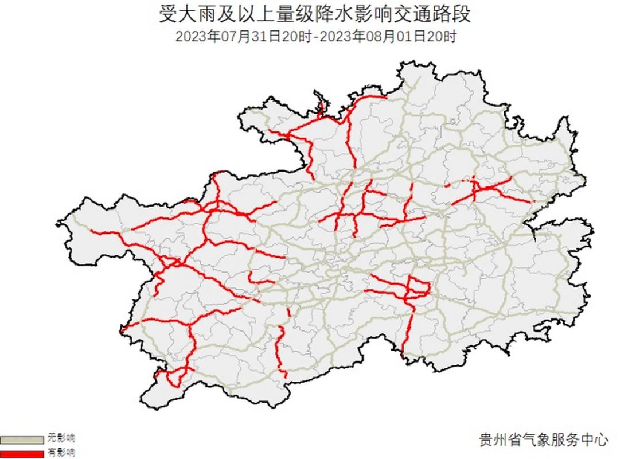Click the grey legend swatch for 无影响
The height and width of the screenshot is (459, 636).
point(22,439)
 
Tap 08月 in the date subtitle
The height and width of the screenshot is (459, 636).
point(378,37)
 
